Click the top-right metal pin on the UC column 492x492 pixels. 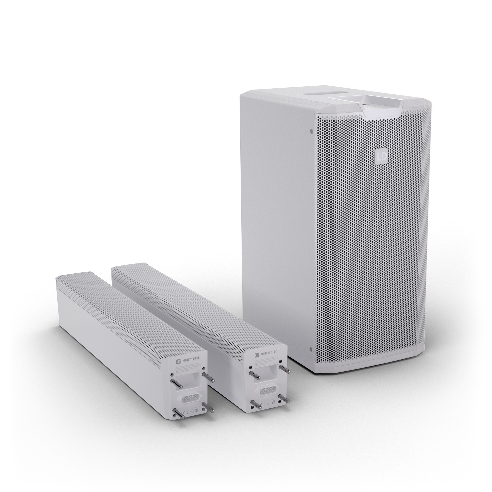(209, 378)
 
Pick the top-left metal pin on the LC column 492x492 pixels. (254, 375)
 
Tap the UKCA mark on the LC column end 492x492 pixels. (274, 402)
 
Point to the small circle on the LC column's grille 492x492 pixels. (188, 301)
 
